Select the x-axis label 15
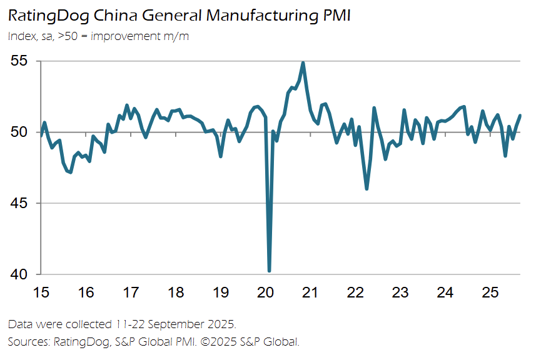(41, 292)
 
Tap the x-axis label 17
(131, 292)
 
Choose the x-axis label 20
(265, 292)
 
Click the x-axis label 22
(355, 292)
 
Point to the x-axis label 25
(490, 292)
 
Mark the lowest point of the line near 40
(269, 271)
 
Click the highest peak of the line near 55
(303, 62)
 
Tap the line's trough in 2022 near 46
(367, 189)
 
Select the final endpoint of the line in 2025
(520, 116)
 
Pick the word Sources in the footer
(28, 342)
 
